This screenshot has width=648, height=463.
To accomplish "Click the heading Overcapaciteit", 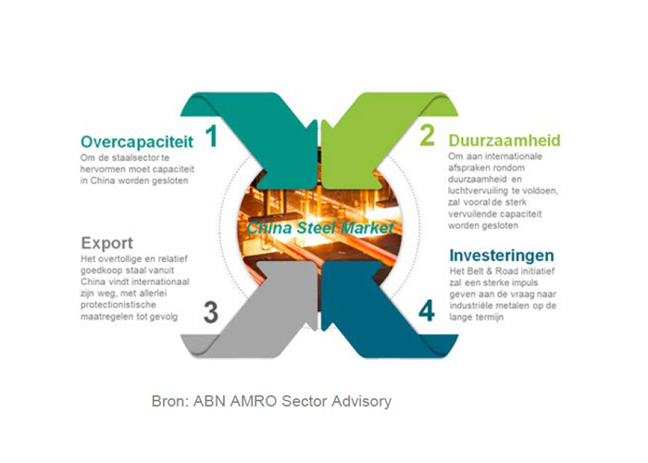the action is pyautogui.click(x=137, y=142).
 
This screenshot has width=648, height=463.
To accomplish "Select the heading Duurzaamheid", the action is pyautogui.click(x=505, y=141).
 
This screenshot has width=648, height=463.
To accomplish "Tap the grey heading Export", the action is pyautogui.click(x=107, y=243).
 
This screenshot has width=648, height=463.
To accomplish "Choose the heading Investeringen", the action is pyautogui.click(x=502, y=256).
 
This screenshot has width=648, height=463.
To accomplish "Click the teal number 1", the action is pyautogui.click(x=212, y=136).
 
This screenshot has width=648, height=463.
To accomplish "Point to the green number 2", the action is pyautogui.click(x=428, y=135).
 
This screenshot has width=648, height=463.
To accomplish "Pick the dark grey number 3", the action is pyautogui.click(x=211, y=313).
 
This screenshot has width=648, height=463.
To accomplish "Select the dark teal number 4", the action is pyautogui.click(x=427, y=311).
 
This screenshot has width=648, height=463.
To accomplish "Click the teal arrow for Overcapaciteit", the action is pyautogui.click(x=265, y=136).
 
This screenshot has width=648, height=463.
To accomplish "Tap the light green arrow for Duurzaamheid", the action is pyautogui.click(x=372, y=136).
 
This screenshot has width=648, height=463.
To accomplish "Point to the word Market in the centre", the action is pyautogui.click(x=368, y=228).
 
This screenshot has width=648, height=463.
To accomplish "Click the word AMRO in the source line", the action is pyautogui.click(x=253, y=401).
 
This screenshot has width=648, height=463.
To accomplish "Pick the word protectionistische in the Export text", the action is pyautogui.click(x=118, y=305).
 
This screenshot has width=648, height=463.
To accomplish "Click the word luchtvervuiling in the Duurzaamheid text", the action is pyautogui.click(x=478, y=191).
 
